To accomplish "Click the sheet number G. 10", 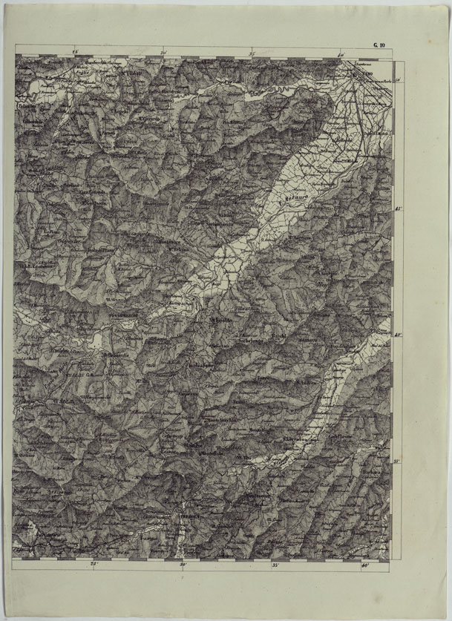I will tap(379, 46).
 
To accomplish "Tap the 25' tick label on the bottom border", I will tap(94, 565).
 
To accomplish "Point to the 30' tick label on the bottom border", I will tap(183, 565).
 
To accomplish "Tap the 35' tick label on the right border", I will tap(398, 461).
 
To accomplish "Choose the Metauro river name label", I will tap(296, 200).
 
